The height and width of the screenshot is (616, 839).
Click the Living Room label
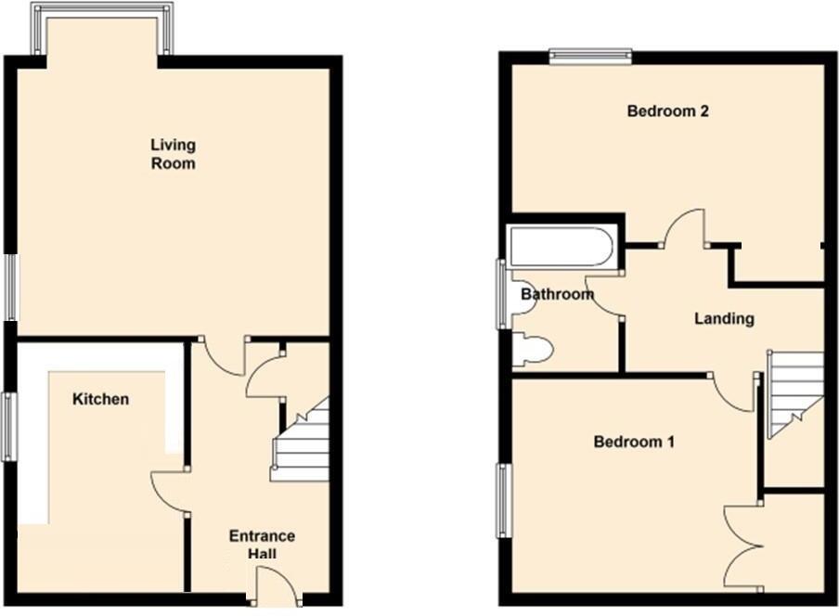point(174,154)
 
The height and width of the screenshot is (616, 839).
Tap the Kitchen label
point(100,400)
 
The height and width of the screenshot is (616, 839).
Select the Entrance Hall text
point(262,545)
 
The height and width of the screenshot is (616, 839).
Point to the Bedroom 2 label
point(668,111)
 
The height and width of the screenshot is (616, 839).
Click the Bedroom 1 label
point(634,442)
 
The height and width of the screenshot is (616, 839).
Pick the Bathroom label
point(557,295)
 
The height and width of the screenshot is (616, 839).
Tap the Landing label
point(724,318)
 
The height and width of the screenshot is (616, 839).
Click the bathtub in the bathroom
point(561,248)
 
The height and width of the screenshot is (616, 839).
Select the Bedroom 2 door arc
point(686,228)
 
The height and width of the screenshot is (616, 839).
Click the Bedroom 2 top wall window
point(590,58)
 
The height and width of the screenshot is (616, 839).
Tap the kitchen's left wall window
point(8,427)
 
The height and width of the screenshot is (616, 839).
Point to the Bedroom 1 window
point(504,501)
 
